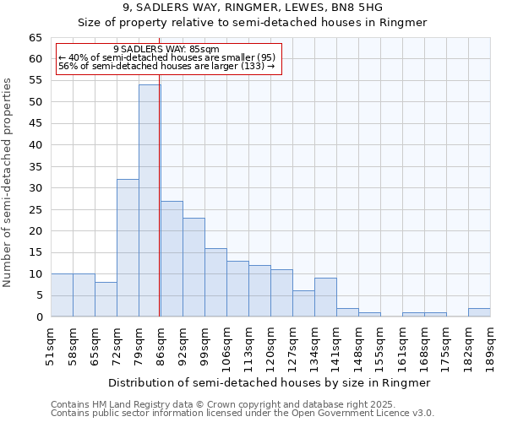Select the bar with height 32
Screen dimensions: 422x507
click(128, 248)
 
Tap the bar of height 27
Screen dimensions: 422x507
click(172, 259)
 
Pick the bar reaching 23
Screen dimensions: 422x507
click(194, 268)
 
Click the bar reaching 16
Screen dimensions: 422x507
click(215, 283)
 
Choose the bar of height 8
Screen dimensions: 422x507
click(106, 300)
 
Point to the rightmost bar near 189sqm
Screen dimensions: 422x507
click(479, 313)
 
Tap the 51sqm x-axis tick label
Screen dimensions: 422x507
click(52, 345)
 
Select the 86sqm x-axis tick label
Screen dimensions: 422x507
click(161, 345)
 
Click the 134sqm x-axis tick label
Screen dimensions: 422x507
click(314, 345)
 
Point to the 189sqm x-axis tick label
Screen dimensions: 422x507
click(490, 345)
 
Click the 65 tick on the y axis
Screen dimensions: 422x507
click(35, 38)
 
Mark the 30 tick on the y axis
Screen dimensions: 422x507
click(35, 188)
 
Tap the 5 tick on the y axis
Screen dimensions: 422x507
click(38, 295)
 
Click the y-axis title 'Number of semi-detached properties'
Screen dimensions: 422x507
click(8, 182)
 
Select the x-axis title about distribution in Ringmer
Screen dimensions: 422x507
click(270, 383)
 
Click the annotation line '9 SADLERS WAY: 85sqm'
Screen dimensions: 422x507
click(166, 50)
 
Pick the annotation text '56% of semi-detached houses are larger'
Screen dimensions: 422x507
click(166, 66)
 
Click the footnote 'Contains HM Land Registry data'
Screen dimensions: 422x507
click(242, 404)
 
